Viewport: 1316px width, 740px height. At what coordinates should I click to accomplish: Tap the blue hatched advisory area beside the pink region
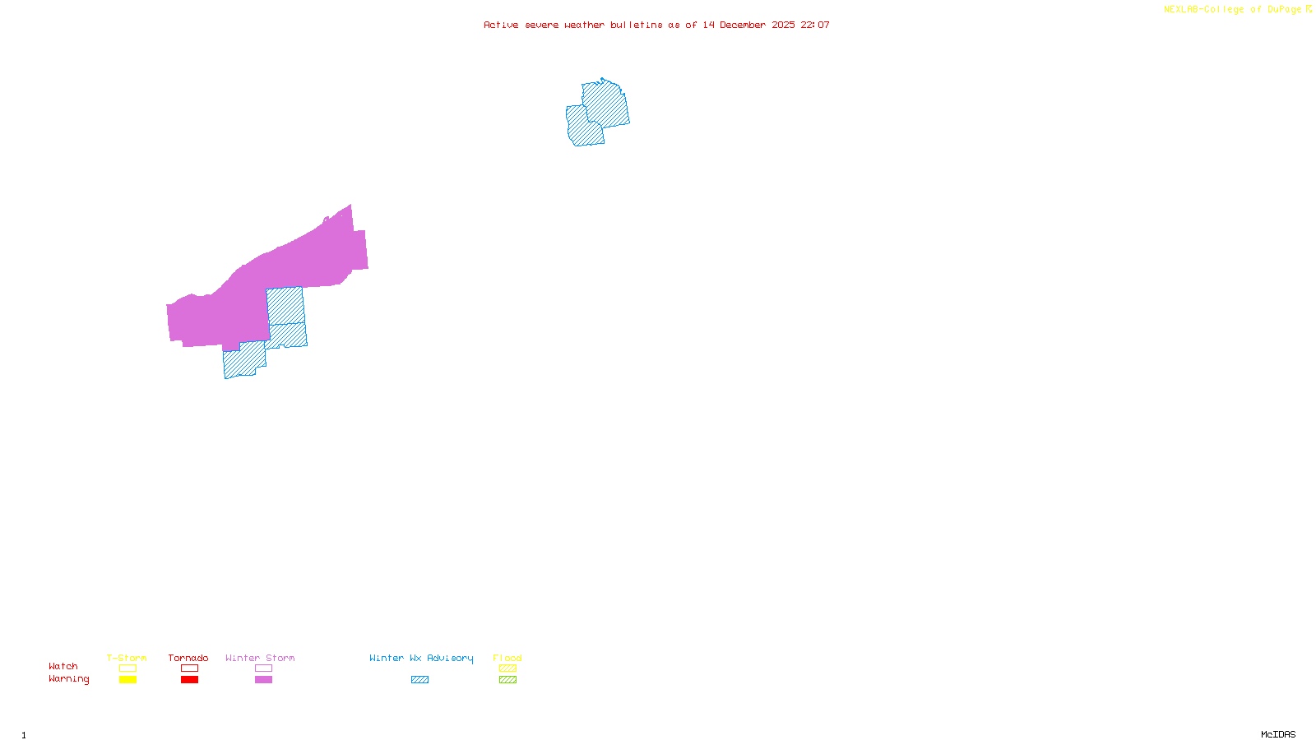pyautogui.click(x=285, y=317)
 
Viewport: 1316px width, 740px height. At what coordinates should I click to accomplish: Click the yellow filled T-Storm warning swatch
pyautogui.click(x=127, y=680)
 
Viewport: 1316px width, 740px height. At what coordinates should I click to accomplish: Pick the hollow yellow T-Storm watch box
pyautogui.click(x=127, y=668)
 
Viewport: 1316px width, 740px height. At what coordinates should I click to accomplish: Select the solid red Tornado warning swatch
pyautogui.click(x=189, y=680)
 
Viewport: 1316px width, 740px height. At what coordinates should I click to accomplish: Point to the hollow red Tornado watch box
pyautogui.click(x=189, y=668)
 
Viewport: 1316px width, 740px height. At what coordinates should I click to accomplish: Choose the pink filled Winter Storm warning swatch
pyautogui.click(x=263, y=680)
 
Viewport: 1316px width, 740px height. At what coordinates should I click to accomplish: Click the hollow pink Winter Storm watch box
pyautogui.click(x=263, y=668)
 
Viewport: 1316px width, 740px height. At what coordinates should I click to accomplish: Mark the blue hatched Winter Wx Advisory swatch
pyautogui.click(x=419, y=680)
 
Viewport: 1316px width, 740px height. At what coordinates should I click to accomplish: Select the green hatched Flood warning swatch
pyautogui.click(x=507, y=680)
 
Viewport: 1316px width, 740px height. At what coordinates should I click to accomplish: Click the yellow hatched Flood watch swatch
pyautogui.click(x=507, y=668)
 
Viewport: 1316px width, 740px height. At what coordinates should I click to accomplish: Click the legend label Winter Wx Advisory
pyautogui.click(x=421, y=658)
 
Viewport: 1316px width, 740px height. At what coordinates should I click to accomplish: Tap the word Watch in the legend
pyautogui.click(x=63, y=666)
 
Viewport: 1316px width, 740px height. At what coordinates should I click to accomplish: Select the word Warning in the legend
pyautogui.click(x=68, y=679)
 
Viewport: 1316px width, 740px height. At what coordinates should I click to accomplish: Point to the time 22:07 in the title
pyautogui.click(x=815, y=25)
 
